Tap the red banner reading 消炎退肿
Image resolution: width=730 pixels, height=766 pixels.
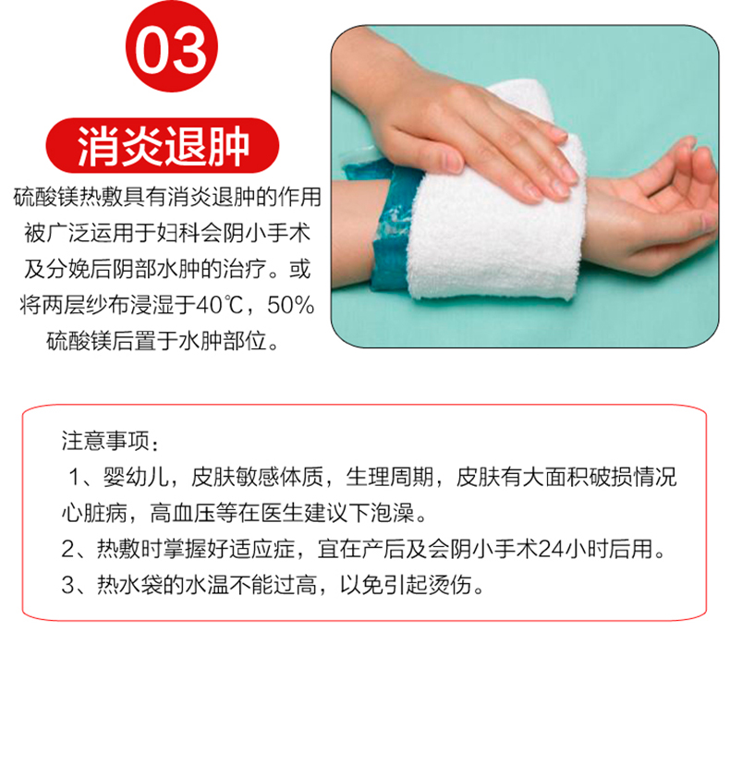(164, 146)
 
